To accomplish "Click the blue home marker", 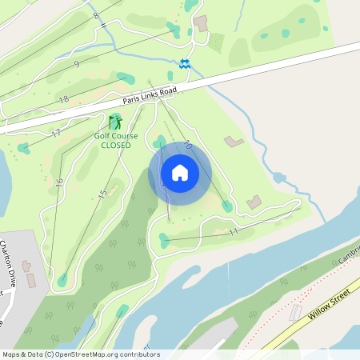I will (x=179, y=172).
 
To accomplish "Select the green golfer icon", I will (x=116, y=122).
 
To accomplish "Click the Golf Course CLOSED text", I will (x=116, y=140).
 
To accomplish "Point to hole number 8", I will (x=96, y=15).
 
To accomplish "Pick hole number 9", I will (x=76, y=64).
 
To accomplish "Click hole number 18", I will (x=64, y=99).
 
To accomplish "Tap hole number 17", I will (x=56, y=133).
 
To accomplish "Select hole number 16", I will (x=59, y=182).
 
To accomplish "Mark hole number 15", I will (x=102, y=194).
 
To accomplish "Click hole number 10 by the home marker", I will (x=188, y=146).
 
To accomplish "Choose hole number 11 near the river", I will (x=234, y=232).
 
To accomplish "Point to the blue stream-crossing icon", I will (x=185, y=64).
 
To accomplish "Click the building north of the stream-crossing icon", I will (x=200, y=23).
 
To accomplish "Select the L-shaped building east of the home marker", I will (x=234, y=142).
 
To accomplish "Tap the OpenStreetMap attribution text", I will (x=80, y=354).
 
